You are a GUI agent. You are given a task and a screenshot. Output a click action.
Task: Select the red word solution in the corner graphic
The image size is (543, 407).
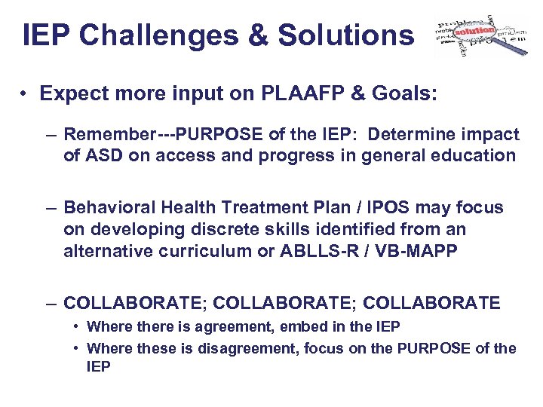474,31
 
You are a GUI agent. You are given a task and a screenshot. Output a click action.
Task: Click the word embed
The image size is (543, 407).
306,326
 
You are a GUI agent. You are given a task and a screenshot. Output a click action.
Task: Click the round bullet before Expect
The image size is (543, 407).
25,93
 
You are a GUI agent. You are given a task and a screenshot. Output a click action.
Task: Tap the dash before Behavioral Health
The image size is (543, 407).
50,207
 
